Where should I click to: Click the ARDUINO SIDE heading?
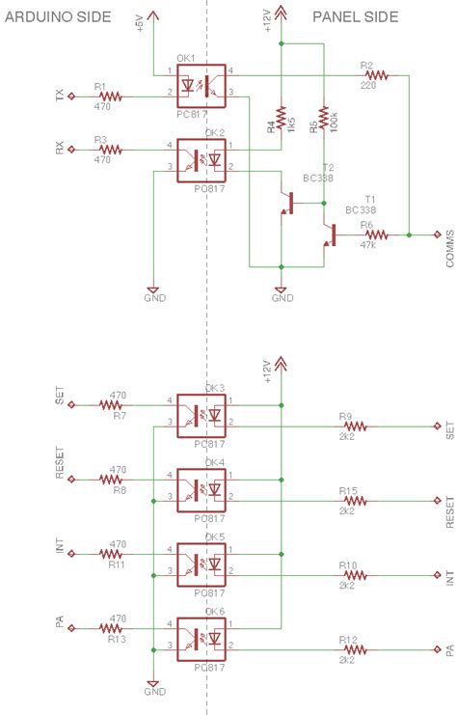coord(57,17)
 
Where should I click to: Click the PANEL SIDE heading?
coord(355,17)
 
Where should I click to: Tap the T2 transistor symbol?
coord(288,204)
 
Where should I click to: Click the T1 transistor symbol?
coord(330,234)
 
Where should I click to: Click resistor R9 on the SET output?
coord(354,426)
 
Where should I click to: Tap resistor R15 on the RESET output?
coord(354,501)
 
